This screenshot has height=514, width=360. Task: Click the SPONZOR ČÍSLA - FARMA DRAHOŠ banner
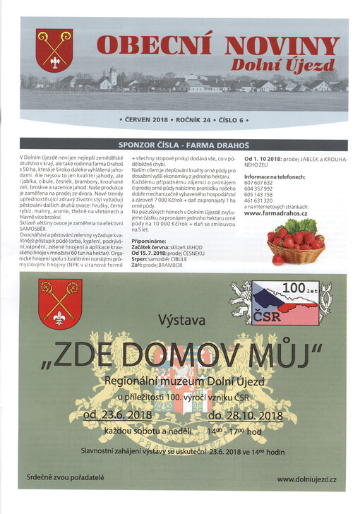(183, 144)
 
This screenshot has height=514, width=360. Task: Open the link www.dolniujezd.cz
(306, 479)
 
